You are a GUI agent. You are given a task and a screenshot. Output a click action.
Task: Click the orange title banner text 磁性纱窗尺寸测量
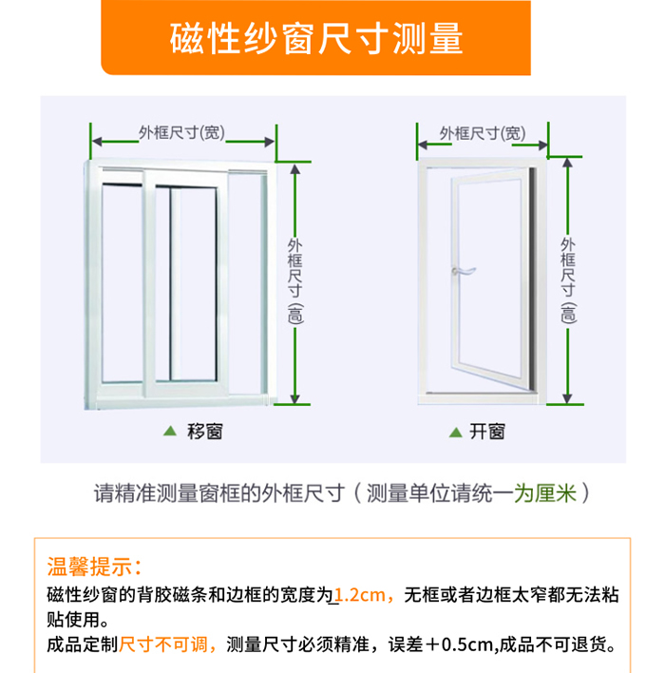[x=316, y=39]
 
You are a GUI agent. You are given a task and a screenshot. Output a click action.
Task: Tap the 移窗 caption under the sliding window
[x=204, y=432]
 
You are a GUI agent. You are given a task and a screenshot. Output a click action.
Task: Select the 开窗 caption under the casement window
[x=487, y=432]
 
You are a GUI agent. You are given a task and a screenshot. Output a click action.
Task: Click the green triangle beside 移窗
[x=170, y=431]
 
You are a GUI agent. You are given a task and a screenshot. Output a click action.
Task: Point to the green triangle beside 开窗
[x=455, y=433]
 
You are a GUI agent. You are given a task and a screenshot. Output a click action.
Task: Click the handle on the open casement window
[x=463, y=271]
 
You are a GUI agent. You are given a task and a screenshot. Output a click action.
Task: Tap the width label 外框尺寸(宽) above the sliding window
[x=181, y=133]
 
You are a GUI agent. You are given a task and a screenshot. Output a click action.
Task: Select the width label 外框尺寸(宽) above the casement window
[x=483, y=133]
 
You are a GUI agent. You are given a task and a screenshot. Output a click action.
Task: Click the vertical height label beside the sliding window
[x=294, y=281]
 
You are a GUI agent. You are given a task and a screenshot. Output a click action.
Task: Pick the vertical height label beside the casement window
[x=568, y=280]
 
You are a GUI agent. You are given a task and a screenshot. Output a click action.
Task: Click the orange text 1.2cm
[x=359, y=595]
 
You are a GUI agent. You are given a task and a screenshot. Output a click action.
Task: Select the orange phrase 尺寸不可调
[x=163, y=644]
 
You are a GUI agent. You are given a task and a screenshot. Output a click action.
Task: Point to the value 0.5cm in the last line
[x=466, y=644]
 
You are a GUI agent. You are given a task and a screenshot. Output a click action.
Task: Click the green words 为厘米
[x=545, y=492]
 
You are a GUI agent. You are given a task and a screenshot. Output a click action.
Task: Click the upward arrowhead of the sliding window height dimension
[x=294, y=168]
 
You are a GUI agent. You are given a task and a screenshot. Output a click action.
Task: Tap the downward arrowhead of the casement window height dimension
[x=567, y=398]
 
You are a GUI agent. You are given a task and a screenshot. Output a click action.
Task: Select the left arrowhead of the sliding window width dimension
[x=97, y=142]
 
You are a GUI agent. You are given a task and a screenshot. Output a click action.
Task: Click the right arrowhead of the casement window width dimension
[x=542, y=145]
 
